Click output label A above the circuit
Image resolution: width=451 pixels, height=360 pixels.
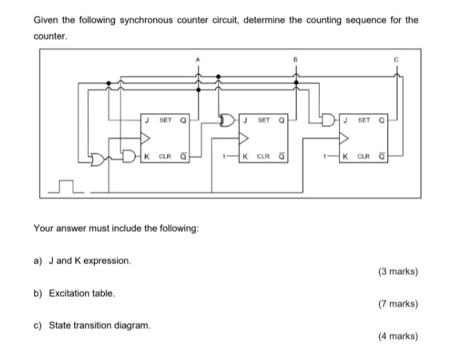pos(198,59)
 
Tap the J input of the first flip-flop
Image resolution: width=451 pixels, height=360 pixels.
pos(146,121)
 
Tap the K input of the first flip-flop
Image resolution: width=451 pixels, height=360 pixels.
pos(146,160)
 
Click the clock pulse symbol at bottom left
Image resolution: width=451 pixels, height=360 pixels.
pos(66,185)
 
